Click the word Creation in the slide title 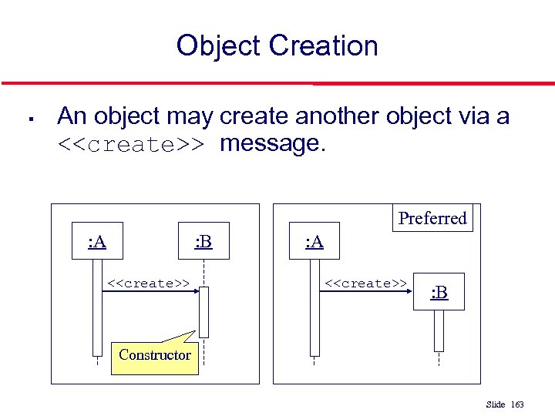(x=324, y=46)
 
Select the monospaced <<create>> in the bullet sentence (x=131, y=144)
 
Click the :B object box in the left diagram (x=203, y=243)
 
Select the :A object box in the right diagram (x=314, y=243)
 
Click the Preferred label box (x=432, y=218)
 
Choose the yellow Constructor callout (x=155, y=355)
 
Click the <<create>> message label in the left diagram (x=148, y=283)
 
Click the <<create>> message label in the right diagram (x=365, y=283)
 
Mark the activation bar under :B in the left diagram (x=203, y=312)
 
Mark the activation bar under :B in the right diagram (x=439, y=330)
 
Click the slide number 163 (x=517, y=404)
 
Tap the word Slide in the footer (x=496, y=404)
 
